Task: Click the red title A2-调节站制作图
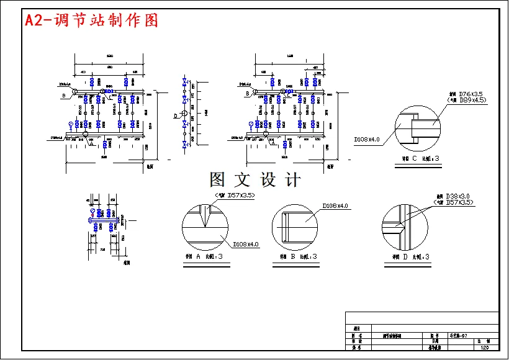click(92, 20)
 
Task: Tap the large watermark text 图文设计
click(255, 180)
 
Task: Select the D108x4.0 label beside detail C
click(367, 139)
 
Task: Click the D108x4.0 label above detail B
click(335, 205)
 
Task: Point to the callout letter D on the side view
click(176, 115)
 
